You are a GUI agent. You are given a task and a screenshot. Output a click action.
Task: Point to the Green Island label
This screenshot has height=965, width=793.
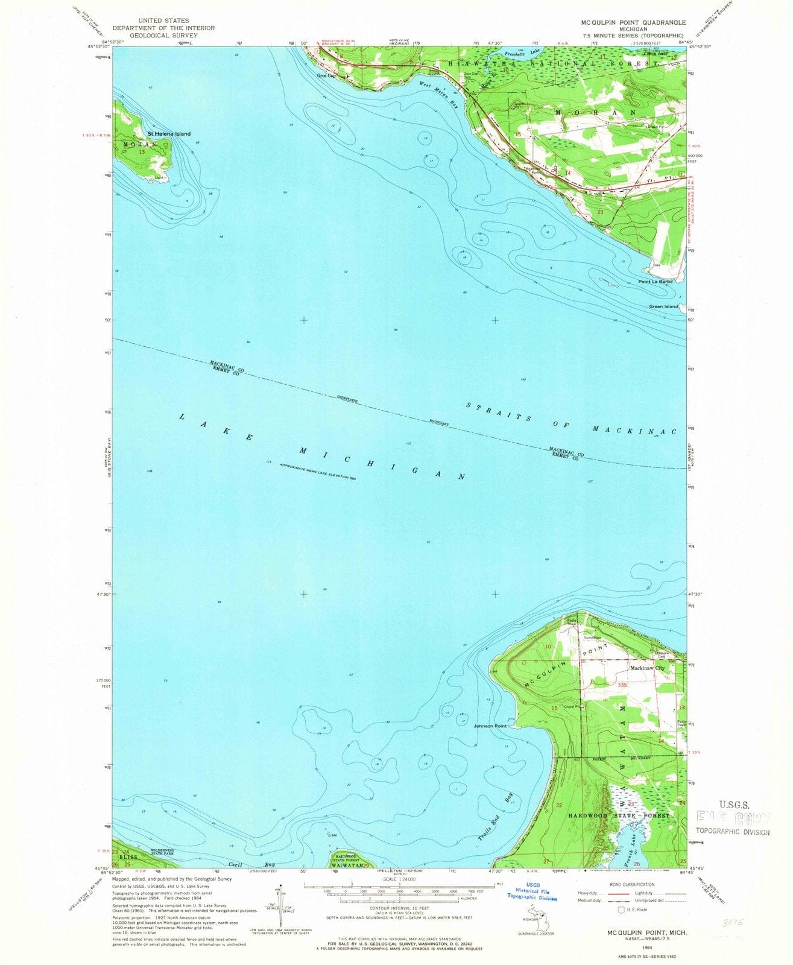pos(663,306)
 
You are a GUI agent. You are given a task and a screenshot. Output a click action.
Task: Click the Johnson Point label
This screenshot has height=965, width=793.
pos(490,726)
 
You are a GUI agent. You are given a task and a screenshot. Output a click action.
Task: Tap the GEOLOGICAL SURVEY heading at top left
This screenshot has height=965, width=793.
pos(163,35)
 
